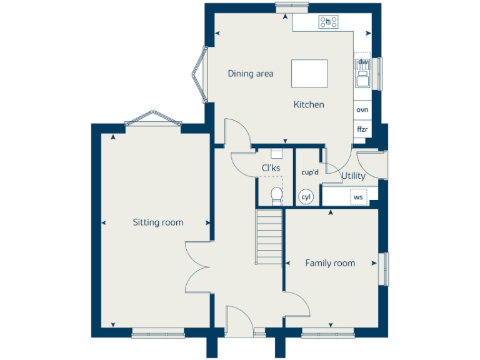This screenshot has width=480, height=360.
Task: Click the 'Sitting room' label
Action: [x=157, y=222]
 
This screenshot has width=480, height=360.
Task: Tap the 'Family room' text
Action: [x=330, y=263]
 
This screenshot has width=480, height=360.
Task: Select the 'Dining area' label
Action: [x=250, y=74]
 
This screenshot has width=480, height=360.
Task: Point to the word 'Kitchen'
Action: [x=309, y=104]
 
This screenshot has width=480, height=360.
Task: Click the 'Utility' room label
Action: [x=353, y=176]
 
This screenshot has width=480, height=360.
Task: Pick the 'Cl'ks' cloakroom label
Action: [x=271, y=168]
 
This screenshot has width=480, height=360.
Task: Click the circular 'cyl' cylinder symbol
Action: [x=306, y=197]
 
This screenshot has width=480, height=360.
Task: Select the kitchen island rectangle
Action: [x=309, y=74]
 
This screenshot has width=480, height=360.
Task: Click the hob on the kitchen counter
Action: [x=328, y=22]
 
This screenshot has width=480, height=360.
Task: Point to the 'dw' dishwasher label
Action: [x=362, y=62]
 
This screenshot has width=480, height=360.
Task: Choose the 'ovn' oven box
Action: [x=362, y=109]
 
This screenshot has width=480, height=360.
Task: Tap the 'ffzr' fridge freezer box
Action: [x=362, y=129]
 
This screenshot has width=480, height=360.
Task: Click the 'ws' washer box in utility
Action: [x=358, y=197]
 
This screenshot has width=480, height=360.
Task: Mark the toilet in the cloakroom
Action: [x=276, y=196]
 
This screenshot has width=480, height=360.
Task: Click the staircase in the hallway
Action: [x=269, y=236]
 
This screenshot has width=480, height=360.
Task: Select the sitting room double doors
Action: [x=199, y=267]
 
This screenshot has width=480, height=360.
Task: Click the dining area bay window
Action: [x=199, y=74]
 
